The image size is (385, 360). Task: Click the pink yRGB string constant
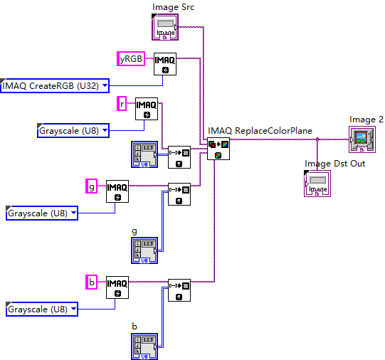130,58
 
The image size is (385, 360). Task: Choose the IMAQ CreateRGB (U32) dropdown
55,86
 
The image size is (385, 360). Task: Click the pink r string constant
121,104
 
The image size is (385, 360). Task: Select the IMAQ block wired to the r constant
146,109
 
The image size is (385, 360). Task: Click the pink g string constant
91,186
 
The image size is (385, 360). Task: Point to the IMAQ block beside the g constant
117,191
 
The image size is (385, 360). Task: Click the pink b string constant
91,282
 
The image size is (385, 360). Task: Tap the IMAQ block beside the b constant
117,286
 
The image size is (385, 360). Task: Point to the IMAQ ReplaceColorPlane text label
260,131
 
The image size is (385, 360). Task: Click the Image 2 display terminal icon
362,139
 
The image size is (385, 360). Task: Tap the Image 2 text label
366,119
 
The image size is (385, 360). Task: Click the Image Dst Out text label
334,164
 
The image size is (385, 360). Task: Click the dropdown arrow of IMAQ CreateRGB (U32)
105,86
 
